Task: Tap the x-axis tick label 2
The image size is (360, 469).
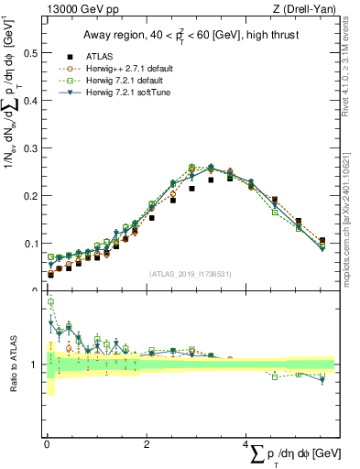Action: point(147,444)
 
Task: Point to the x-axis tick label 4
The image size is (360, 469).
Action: point(247,444)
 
